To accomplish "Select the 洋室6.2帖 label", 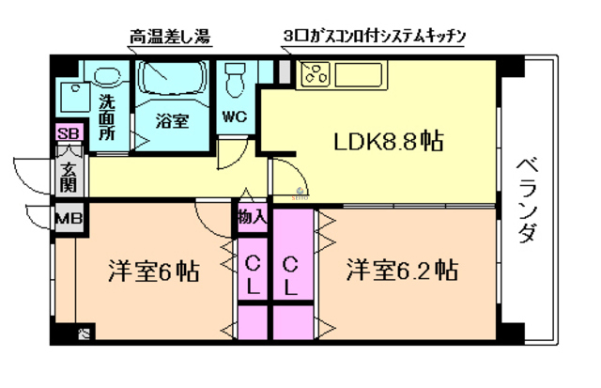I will [x=401, y=272].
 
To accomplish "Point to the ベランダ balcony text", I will [x=526, y=196].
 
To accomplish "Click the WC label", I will [x=234, y=118].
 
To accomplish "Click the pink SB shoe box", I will [x=68, y=133].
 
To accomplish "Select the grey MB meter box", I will [x=66, y=220].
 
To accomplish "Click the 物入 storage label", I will [x=252, y=218].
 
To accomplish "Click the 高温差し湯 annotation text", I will [x=169, y=38].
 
